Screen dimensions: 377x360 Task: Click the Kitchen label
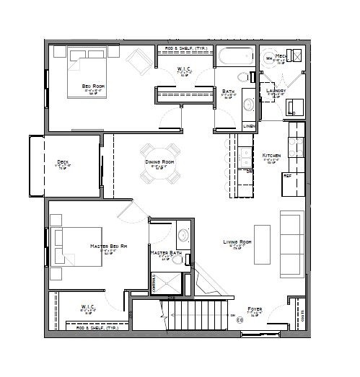(x=271, y=155)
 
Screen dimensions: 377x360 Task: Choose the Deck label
(x=63, y=161)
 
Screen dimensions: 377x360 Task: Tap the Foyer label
(x=254, y=309)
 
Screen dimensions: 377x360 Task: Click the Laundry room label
(x=276, y=91)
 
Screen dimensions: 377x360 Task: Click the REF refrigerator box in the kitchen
(x=287, y=175)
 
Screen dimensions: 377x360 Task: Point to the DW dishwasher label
(x=249, y=172)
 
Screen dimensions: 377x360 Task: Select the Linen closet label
(x=248, y=126)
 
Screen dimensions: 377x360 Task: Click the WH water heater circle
(x=268, y=58)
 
